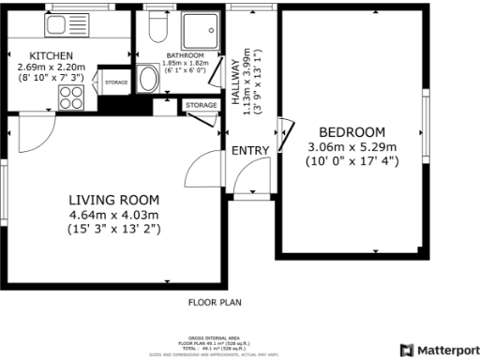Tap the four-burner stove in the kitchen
(x=71, y=97)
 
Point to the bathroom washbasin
(x=147, y=79)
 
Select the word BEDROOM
(x=352, y=131)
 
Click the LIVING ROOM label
(x=114, y=200)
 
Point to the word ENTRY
(x=251, y=151)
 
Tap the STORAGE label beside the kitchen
(x=116, y=82)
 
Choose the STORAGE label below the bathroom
(x=201, y=105)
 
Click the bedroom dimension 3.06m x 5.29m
(x=352, y=146)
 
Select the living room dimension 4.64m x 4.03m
(x=114, y=214)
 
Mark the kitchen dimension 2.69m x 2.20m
(x=52, y=67)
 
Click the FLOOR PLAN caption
(x=216, y=302)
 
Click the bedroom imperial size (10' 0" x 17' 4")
(x=352, y=160)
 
